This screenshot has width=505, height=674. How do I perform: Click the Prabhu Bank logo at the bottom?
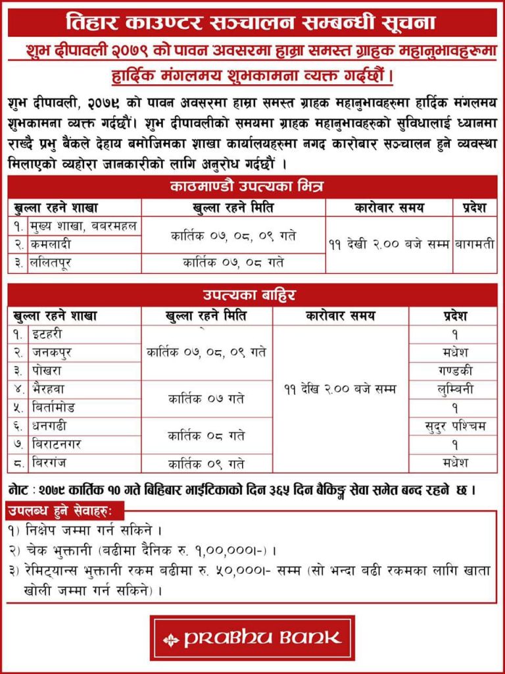point(252,637)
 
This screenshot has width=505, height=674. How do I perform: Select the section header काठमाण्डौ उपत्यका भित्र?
point(252,188)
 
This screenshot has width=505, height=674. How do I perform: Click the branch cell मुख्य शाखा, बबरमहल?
point(84,226)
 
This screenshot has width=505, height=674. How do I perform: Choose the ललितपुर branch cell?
point(84,263)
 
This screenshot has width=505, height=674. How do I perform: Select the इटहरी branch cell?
point(84,334)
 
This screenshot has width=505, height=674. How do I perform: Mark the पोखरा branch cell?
point(84,371)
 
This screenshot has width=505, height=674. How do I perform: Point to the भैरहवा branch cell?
point(84,389)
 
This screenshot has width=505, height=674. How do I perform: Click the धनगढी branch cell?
point(84,426)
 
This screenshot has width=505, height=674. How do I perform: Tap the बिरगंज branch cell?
point(84,463)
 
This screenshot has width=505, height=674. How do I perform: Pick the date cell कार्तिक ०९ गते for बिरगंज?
point(206,463)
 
